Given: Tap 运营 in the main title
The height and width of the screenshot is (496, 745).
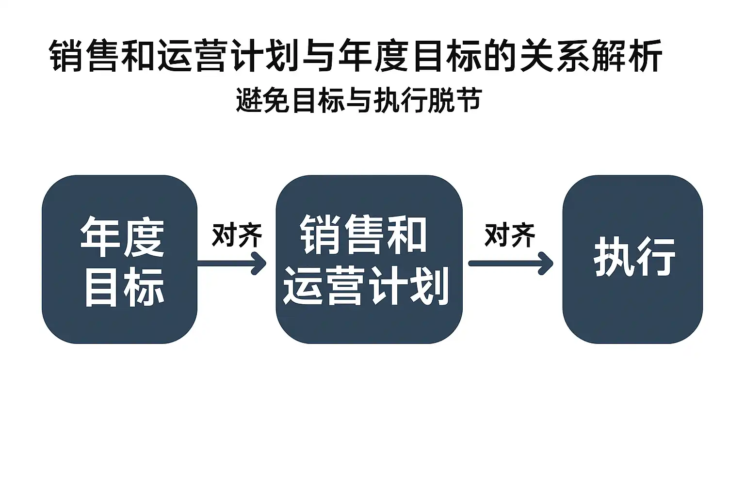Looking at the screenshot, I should (x=194, y=56).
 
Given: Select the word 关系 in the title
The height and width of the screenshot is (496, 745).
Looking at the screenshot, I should (x=553, y=56).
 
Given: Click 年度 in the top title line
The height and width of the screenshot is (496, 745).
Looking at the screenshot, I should (x=373, y=56).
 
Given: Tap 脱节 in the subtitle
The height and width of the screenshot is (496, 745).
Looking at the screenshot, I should (x=454, y=101).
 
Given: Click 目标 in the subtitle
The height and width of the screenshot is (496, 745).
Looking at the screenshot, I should (x=318, y=101).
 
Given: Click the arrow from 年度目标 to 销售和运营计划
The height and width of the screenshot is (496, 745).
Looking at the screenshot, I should (x=232, y=263).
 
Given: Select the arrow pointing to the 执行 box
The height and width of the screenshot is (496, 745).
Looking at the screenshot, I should (x=510, y=263).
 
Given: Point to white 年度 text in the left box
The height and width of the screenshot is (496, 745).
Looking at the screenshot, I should (x=122, y=237).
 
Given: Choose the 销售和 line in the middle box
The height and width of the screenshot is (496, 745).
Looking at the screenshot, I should (x=363, y=234).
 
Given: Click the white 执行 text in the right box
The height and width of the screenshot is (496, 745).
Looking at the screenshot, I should (x=634, y=257).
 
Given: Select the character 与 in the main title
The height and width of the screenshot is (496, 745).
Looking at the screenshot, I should (x=319, y=56).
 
